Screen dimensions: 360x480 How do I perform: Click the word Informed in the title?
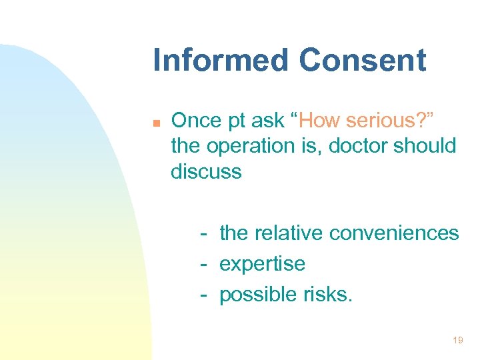pyautogui.click(x=221, y=60)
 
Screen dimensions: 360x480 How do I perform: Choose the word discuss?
pyautogui.click(x=206, y=171)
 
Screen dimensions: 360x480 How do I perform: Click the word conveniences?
pyautogui.click(x=394, y=233)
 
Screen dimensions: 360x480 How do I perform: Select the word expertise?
pyautogui.click(x=262, y=264)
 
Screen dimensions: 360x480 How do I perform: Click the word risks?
pyautogui.click(x=327, y=294)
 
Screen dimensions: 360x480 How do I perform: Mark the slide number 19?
pyautogui.click(x=457, y=341)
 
